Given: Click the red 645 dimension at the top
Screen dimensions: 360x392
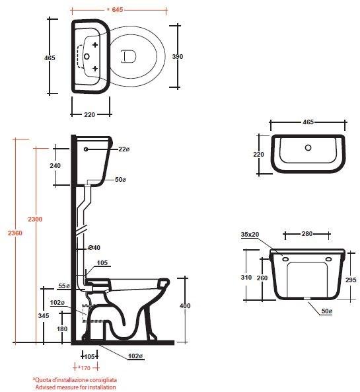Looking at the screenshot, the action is tap(117, 10).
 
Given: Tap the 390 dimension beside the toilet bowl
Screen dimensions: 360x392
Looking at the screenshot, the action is tap(178, 56).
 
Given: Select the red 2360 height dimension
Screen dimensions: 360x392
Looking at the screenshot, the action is tap(15, 233).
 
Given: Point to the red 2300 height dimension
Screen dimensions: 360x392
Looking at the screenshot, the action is tap(35, 219).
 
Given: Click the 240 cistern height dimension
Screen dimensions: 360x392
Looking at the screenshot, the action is tap(55, 165).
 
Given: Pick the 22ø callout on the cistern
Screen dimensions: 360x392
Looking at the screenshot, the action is tap(124, 149).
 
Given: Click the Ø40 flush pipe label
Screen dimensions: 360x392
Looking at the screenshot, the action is tap(94, 247).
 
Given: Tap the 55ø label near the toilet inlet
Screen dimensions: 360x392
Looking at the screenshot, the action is tap(64, 286).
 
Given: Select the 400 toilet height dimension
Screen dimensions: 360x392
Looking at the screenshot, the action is tap(185, 305).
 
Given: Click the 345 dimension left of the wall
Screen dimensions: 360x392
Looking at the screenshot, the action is tap(44, 316).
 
